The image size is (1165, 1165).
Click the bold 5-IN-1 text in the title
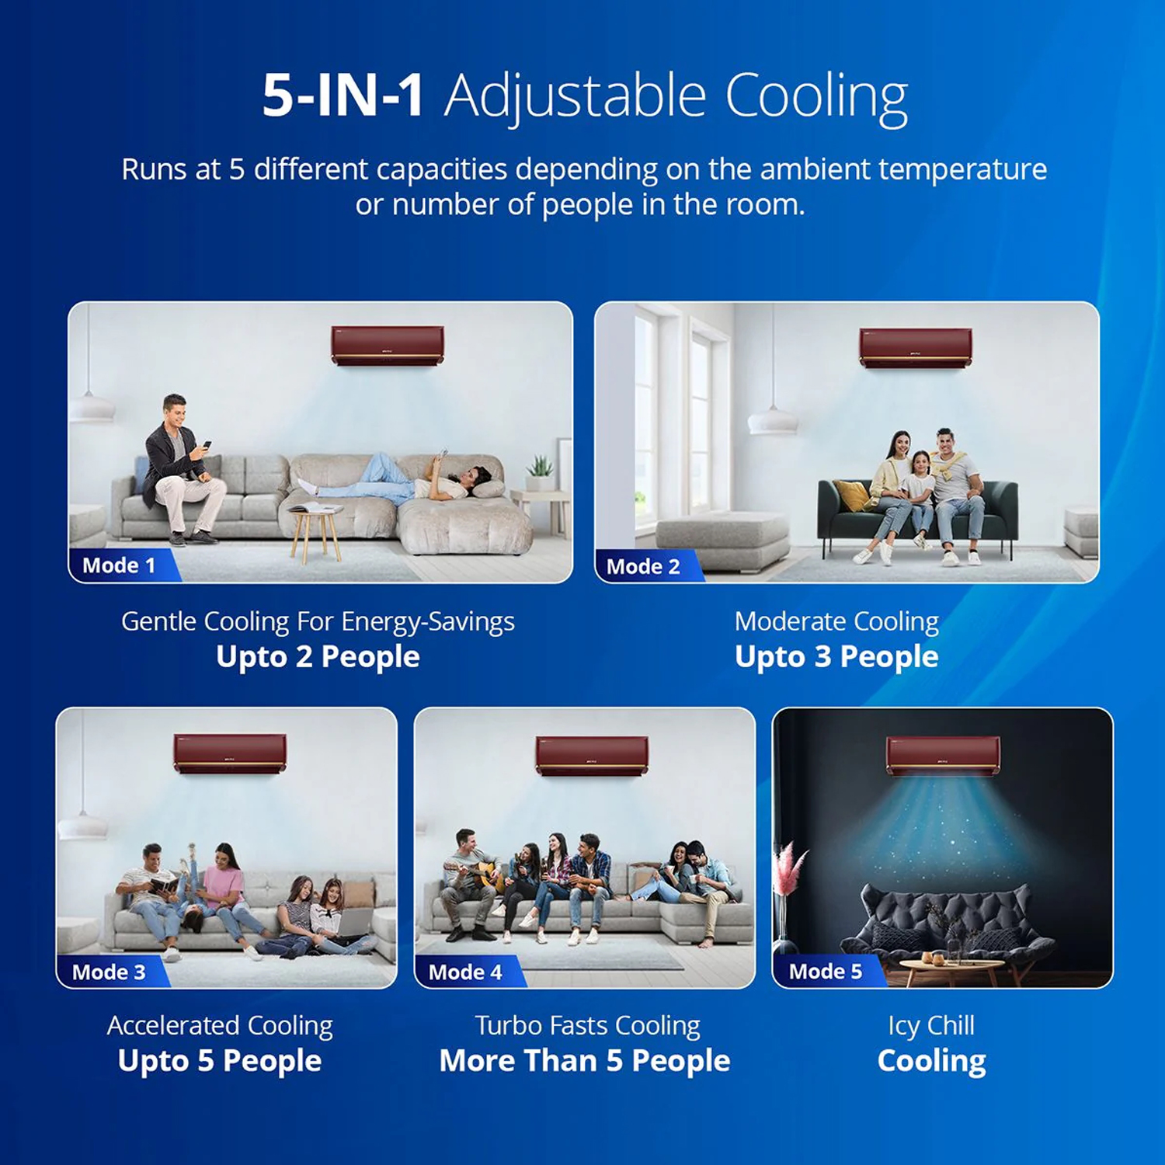[x=343, y=96]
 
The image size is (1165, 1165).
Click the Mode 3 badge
[x=111, y=972]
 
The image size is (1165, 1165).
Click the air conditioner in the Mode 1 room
[x=388, y=345]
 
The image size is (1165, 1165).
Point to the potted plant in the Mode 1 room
[x=539, y=473]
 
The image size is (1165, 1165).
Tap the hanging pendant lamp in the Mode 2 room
[x=773, y=419]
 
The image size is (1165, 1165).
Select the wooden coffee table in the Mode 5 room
[x=942, y=969]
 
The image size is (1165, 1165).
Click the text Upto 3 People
[x=836, y=657]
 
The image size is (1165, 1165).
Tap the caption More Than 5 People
[x=585, y=1061]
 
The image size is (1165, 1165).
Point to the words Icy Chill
[x=931, y=1026]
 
